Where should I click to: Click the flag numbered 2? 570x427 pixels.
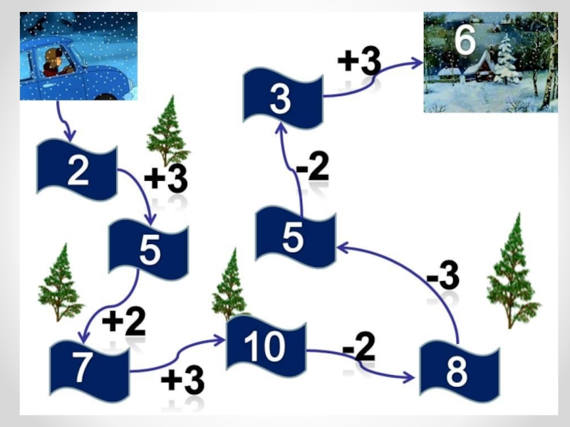(77, 169)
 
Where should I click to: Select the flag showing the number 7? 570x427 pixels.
(90, 371)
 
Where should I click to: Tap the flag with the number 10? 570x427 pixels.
(266, 346)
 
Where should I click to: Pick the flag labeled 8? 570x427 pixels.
(460, 371)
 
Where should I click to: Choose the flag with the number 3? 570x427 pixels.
(283, 98)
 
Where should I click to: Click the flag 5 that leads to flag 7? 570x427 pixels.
(148, 250)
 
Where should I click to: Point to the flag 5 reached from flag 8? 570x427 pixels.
(295, 237)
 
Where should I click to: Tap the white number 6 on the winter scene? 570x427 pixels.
(465, 40)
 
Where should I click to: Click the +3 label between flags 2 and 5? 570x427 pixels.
(166, 179)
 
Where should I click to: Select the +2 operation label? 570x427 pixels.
(124, 322)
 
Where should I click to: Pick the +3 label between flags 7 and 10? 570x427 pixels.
(182, 381)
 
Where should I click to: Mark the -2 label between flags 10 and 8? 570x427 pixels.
(359, 347)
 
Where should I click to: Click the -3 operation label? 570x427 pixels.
(442, 275)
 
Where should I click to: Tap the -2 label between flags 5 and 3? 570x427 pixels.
(313, 167)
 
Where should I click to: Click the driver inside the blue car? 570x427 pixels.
(54, 62)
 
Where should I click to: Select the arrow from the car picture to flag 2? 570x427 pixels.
(62, 120)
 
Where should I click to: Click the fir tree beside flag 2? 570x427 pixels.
(167, 131)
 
